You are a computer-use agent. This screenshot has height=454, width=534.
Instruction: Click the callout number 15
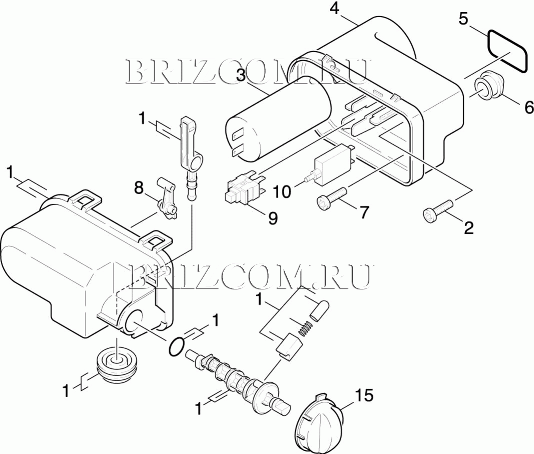pyautogui.click(x=364, y=395)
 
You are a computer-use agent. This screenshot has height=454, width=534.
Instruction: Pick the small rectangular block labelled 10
pyautogui.click(x=332, y=165)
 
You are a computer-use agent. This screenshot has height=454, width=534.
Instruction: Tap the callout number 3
pyautogui.click(x=241, y=76)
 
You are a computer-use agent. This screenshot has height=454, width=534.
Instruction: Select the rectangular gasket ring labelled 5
pyautogui.click(x=507, y=52)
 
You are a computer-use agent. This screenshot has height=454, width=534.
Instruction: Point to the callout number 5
pyautogui.click(x=463, y=19)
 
